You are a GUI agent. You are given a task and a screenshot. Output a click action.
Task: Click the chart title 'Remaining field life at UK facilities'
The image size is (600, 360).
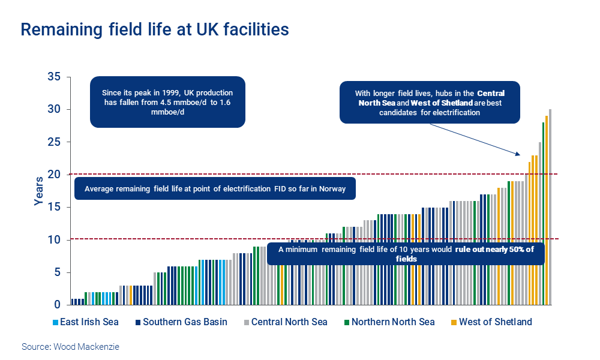pos(155,29)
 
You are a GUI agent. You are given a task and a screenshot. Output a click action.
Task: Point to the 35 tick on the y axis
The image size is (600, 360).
pos(55,77)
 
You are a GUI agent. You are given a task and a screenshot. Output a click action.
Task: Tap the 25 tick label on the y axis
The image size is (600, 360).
pos(55,142)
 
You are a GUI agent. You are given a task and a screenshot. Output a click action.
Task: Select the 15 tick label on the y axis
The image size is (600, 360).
pos(55,207)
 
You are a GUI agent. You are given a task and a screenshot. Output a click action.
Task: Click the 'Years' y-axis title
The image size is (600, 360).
pos(38,191)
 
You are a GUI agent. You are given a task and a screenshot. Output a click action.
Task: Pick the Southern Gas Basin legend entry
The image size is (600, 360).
pos(181,322)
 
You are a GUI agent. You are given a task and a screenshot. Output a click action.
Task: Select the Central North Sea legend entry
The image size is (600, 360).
pos(284,322)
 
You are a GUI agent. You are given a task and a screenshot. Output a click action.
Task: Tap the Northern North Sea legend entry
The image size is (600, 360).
pos(388,322)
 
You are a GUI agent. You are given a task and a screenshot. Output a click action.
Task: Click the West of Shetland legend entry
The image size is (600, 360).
pos(491,322)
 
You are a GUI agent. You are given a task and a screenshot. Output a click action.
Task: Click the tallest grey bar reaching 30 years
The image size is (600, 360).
pos(550,204)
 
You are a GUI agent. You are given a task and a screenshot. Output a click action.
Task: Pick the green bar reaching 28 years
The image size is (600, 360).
pos(543,213)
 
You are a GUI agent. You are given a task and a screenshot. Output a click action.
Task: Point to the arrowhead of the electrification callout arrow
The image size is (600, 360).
pos(520,155)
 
